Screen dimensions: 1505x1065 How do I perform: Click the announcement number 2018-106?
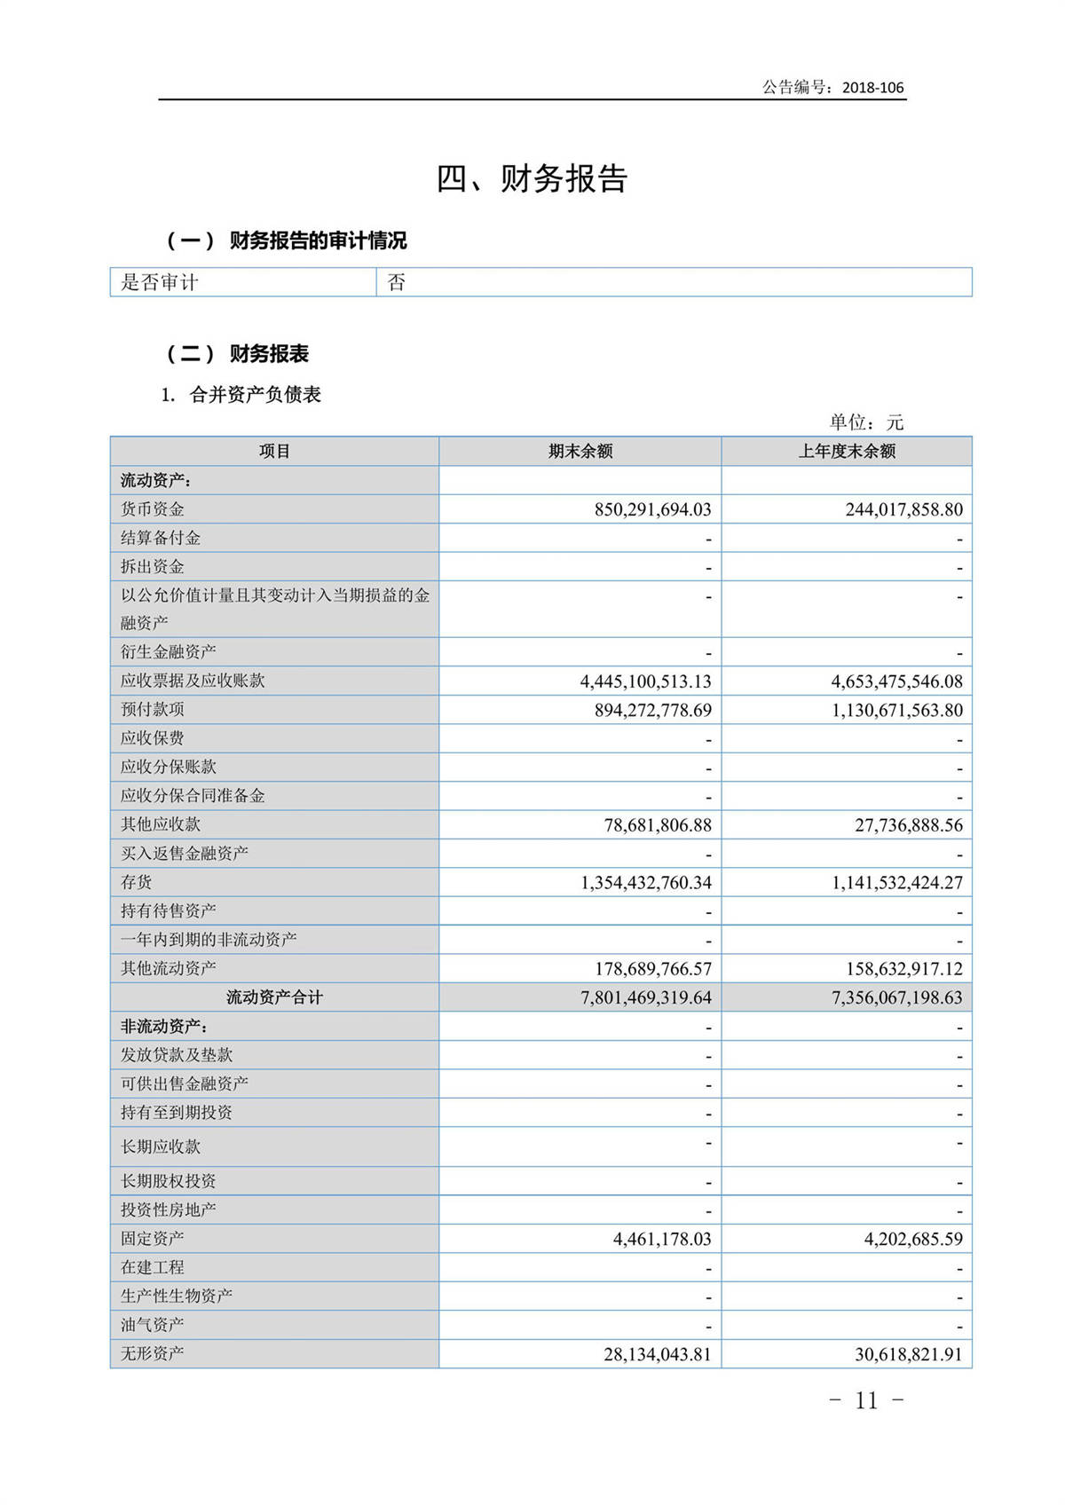872,87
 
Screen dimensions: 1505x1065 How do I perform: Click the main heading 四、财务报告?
532,178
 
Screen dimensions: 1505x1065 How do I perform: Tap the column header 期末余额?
580,451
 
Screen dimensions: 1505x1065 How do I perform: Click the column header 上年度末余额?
847,451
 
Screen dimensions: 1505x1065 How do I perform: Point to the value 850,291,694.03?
652,509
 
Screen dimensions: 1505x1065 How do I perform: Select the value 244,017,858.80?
903,509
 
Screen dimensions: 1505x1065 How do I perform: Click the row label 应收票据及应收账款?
193,681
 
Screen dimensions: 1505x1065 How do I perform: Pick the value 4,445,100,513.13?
645,682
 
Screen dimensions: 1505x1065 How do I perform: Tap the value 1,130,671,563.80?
896,710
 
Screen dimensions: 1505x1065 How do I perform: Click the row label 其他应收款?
161,824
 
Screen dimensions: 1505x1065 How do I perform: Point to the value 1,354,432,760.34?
645,883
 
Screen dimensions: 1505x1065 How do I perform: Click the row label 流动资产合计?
274,997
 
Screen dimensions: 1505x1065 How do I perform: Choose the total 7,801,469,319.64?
645,997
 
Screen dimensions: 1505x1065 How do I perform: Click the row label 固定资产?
153,1238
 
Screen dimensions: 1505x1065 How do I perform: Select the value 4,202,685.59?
912,1239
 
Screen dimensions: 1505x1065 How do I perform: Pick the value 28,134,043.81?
657,1354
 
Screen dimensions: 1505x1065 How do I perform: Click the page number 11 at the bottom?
866,1400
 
